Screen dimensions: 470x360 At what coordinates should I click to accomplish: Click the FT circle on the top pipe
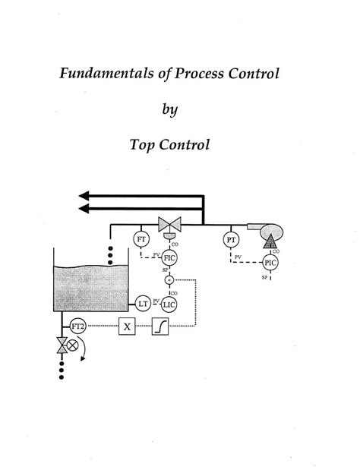pyautogui.click(x=142, y=239)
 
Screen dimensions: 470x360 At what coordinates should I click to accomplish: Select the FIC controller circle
pyautogui.click(x=169, y=259)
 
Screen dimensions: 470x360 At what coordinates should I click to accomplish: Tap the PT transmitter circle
pyautogui.click(x=231, y=240)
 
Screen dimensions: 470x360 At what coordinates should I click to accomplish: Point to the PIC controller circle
pyautogui.click(x=270, y=262)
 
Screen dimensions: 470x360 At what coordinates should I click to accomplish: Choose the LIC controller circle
pyautogui.click(x=169, y=304)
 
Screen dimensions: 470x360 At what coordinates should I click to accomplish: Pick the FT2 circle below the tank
pyautogui.click(x=77, y=326)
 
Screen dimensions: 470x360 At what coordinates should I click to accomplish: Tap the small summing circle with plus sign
pyautogui.click(x=169, y=280)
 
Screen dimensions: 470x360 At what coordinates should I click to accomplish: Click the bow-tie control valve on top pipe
pyautogui.click(x=168, y=225)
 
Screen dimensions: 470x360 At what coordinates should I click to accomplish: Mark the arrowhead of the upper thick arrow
pyautogui.click(x=86, y=194)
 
